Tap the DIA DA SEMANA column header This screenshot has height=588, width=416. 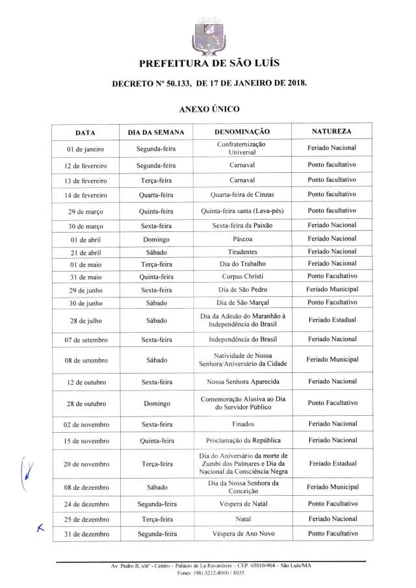(156, 133)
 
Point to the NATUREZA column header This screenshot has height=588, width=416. (331, 132)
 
